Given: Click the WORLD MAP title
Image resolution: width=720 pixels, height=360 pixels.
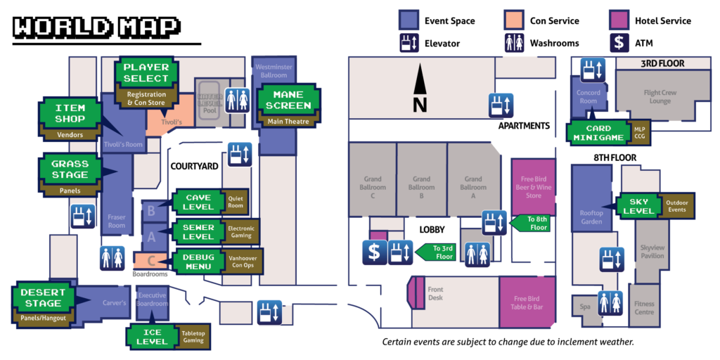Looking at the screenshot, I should (96, 26).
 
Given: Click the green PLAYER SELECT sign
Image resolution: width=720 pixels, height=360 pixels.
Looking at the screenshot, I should (146, 72).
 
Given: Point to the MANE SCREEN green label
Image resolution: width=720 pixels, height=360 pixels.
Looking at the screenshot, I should (288, 100).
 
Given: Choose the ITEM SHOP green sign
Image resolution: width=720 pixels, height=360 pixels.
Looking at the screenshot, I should (70, 113).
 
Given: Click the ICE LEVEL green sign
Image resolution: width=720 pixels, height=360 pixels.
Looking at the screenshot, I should (153, 336).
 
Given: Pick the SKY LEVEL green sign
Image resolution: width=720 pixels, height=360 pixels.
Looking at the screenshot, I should (638, 206).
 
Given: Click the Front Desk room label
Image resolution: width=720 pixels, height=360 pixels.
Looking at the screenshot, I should (435, 293).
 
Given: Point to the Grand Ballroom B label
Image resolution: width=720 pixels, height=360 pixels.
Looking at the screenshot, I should (421, 184).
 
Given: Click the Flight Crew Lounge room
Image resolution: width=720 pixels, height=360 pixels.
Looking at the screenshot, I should (657, 96).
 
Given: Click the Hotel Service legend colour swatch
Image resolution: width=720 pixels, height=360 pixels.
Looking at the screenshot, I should (618, 21).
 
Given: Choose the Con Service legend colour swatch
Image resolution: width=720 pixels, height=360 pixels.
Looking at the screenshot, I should (512, 21).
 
